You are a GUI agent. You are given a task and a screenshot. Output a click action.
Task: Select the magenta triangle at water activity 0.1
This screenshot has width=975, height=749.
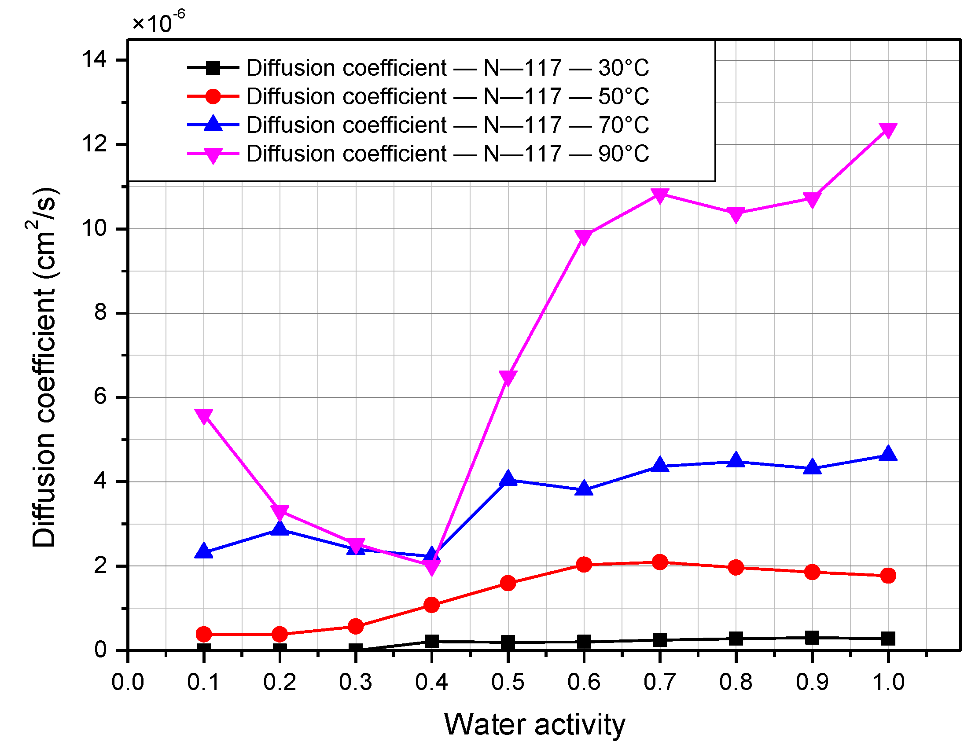pyautogui.click(x=204, y=416)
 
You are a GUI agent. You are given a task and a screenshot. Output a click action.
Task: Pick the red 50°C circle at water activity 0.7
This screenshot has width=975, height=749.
pyautogui.click(x=660, y=562)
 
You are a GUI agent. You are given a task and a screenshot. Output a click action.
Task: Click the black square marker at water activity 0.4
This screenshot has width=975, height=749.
pyautogui.click(x=431, y=642)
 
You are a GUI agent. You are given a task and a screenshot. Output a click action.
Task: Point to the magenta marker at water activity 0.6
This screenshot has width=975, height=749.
pyautogui.click(x=584, y=237)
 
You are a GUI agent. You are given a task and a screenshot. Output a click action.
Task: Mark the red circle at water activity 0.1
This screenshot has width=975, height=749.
pyautogui.click(x=204, y=634)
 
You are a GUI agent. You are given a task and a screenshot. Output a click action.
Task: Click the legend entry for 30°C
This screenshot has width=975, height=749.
pyautogui.click(x=447, y=68)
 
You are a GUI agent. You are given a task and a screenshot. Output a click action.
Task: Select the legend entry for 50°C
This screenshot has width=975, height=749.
pyautogui.click(x=447, y=97)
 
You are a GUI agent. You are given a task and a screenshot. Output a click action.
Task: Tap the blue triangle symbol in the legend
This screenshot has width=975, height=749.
pyautogui.click(x=213, y=125)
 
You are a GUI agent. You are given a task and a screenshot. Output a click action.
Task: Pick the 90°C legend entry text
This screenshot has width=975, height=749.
pyautogui.click(x=447, y=154)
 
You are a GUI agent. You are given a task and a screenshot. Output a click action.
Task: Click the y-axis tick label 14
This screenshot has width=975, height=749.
pyautogui.click(x=95, y=59)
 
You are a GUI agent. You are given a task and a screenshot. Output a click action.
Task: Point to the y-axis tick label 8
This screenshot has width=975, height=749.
pyautogui.click(x=101, y=313)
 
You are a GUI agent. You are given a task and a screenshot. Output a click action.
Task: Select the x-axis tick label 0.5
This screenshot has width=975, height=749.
pyautogui.click(x=508, y=683)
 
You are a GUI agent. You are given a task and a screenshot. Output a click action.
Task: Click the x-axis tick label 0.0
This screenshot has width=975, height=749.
pyautogui.click(x=128, y=683)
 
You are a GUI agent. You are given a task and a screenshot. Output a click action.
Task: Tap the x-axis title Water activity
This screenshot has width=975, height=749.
pyautogui.click(x=534, y=725)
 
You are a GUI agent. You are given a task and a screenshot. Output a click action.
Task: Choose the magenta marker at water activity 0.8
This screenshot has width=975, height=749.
pyautogui.click(x=736, y=214)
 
